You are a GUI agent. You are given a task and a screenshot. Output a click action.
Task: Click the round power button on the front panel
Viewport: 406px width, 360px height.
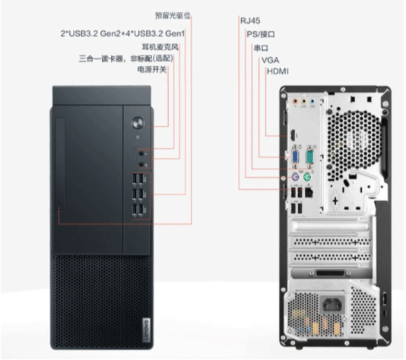tap(138, 123)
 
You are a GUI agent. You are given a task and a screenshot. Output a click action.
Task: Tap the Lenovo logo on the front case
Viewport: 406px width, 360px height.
tap(146, 330)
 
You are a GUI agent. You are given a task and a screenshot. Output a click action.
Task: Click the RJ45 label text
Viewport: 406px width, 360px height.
tap(250, 21)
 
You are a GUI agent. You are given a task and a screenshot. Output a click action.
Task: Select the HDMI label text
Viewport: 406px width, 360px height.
tap(278, 71)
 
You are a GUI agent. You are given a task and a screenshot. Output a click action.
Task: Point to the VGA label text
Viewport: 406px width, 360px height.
tap(270, 60)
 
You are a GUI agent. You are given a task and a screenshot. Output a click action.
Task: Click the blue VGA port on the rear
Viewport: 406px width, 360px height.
tap(296, 157)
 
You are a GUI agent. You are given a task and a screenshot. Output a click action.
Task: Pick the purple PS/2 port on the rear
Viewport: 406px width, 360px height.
tap(295, 178)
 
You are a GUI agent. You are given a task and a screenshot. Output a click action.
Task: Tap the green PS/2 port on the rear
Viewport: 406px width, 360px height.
tap(307, 178)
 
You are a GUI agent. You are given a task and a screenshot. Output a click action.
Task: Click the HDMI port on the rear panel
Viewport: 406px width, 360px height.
tap(293, 134)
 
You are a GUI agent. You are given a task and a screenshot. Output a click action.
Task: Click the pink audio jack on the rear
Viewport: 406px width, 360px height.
tap(295, 101)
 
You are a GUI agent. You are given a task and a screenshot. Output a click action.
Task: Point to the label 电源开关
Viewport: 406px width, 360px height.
tap(152, 70)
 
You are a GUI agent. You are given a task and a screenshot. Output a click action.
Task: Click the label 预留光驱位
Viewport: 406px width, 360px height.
tap(173, 15)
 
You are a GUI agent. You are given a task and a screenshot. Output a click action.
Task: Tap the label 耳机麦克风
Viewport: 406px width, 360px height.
tap(160, 47)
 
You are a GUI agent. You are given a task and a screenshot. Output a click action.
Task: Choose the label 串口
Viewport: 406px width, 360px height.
tap(261, 48)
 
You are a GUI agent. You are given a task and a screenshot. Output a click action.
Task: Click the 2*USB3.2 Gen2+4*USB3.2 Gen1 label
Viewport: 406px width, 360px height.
tap(122, 33)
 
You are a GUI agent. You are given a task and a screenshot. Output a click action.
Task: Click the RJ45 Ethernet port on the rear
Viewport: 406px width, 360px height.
tap(309, 193)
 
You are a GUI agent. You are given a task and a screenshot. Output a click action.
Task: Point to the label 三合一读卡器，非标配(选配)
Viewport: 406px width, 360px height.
tap(126, 58)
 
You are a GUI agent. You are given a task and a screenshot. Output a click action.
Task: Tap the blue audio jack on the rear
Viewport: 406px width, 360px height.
tap(312, 101)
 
